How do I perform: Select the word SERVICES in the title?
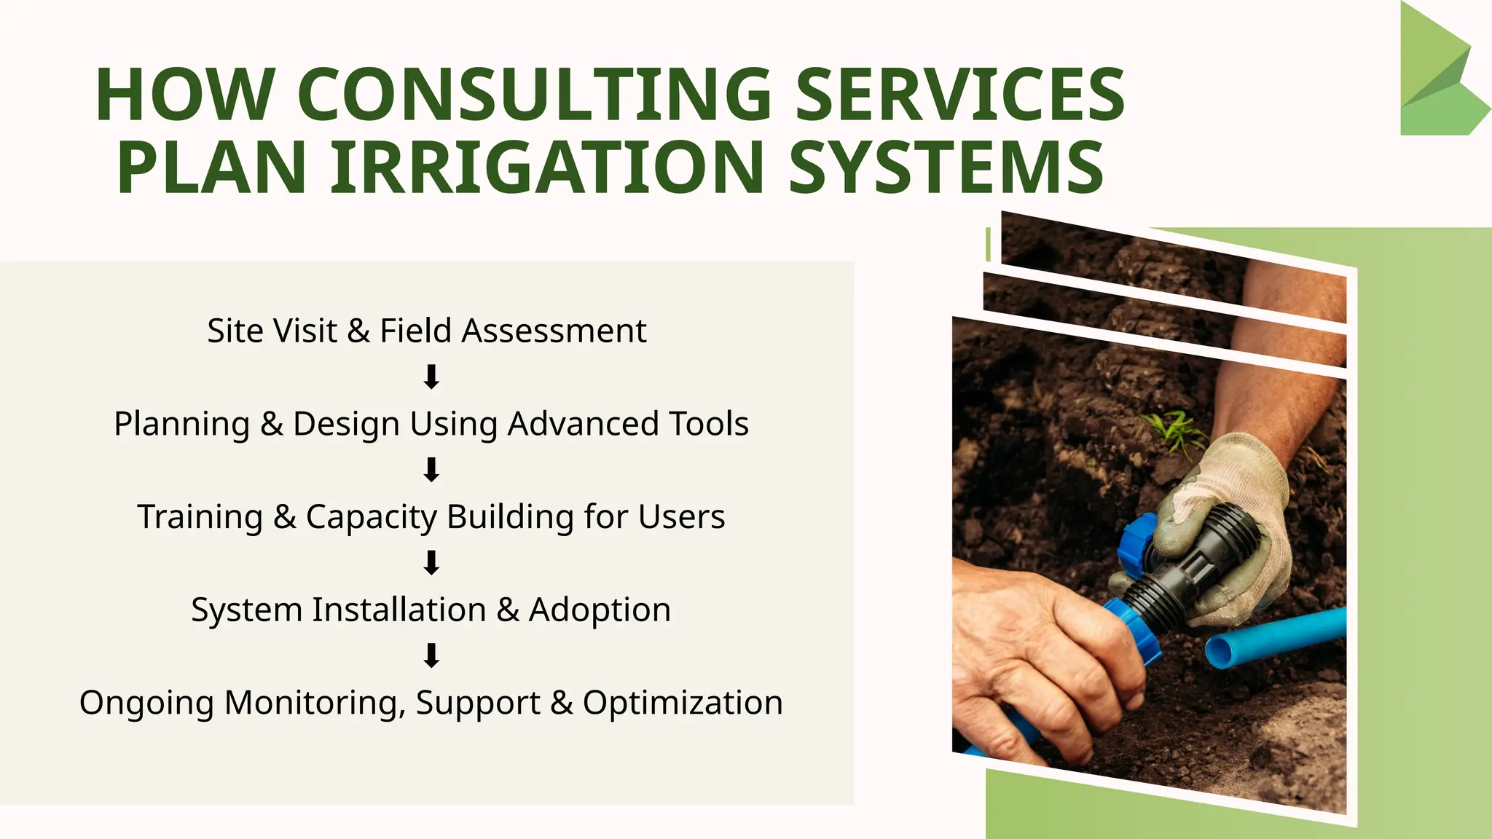(960, 95)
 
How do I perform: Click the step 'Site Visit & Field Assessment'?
(427, 331)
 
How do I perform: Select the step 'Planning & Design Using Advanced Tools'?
(431, 424)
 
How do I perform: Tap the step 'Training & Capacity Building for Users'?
(431, 517)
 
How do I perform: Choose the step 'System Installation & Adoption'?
(431, 610)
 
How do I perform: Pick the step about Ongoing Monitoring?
(431, 703)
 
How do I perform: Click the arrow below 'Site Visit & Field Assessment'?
(431, 377)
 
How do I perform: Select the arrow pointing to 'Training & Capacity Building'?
(431, 470)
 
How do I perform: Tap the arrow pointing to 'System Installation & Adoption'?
(431, 563)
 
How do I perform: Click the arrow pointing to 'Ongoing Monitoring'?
(431, 655)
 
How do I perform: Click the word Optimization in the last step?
(683, 703)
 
